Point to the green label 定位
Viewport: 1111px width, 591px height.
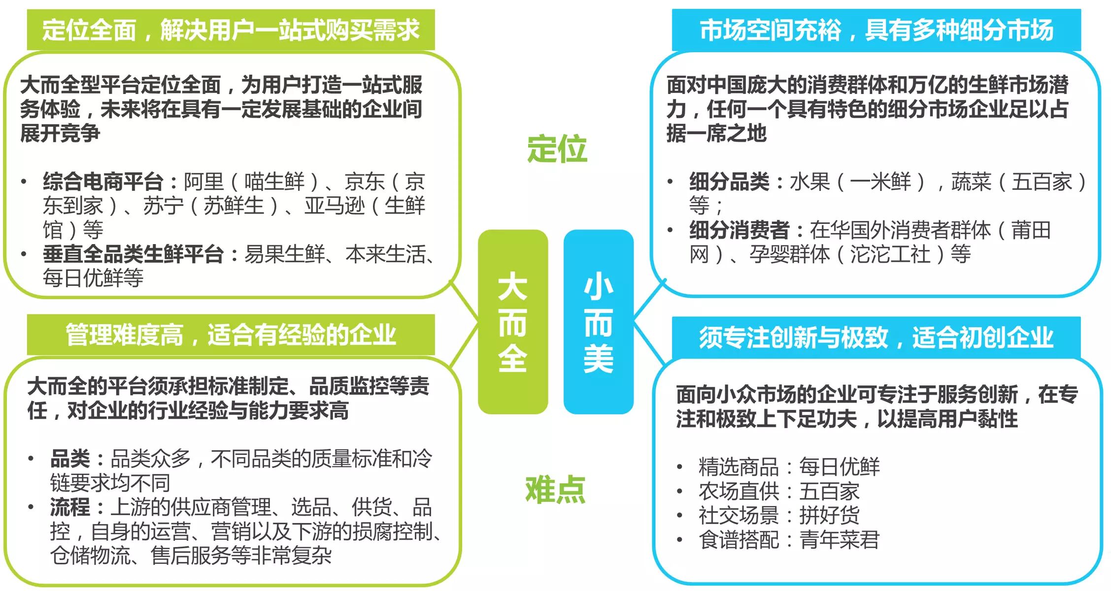tap(557, 149)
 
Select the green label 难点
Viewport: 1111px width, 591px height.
tap(555, 490)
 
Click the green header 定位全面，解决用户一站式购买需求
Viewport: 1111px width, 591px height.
tap(231, 30)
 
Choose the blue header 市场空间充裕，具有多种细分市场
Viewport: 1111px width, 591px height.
tap(876, 30)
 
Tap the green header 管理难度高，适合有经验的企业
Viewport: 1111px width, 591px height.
tap(231, 335)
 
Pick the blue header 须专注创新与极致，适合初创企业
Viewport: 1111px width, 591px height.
tap(876, 337)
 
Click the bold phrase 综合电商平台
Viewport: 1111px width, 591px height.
tap(103, 182)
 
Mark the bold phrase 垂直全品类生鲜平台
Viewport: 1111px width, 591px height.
tap(133, 254)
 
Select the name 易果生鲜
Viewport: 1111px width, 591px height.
tap(284, 254)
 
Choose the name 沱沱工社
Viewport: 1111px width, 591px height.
tap(890, 254)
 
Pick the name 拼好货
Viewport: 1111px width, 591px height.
tap(829, 515)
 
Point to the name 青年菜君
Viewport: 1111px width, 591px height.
tap(839, 540)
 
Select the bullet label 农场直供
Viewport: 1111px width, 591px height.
tap(738, 491)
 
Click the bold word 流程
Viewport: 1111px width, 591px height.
tap(70, 507)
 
